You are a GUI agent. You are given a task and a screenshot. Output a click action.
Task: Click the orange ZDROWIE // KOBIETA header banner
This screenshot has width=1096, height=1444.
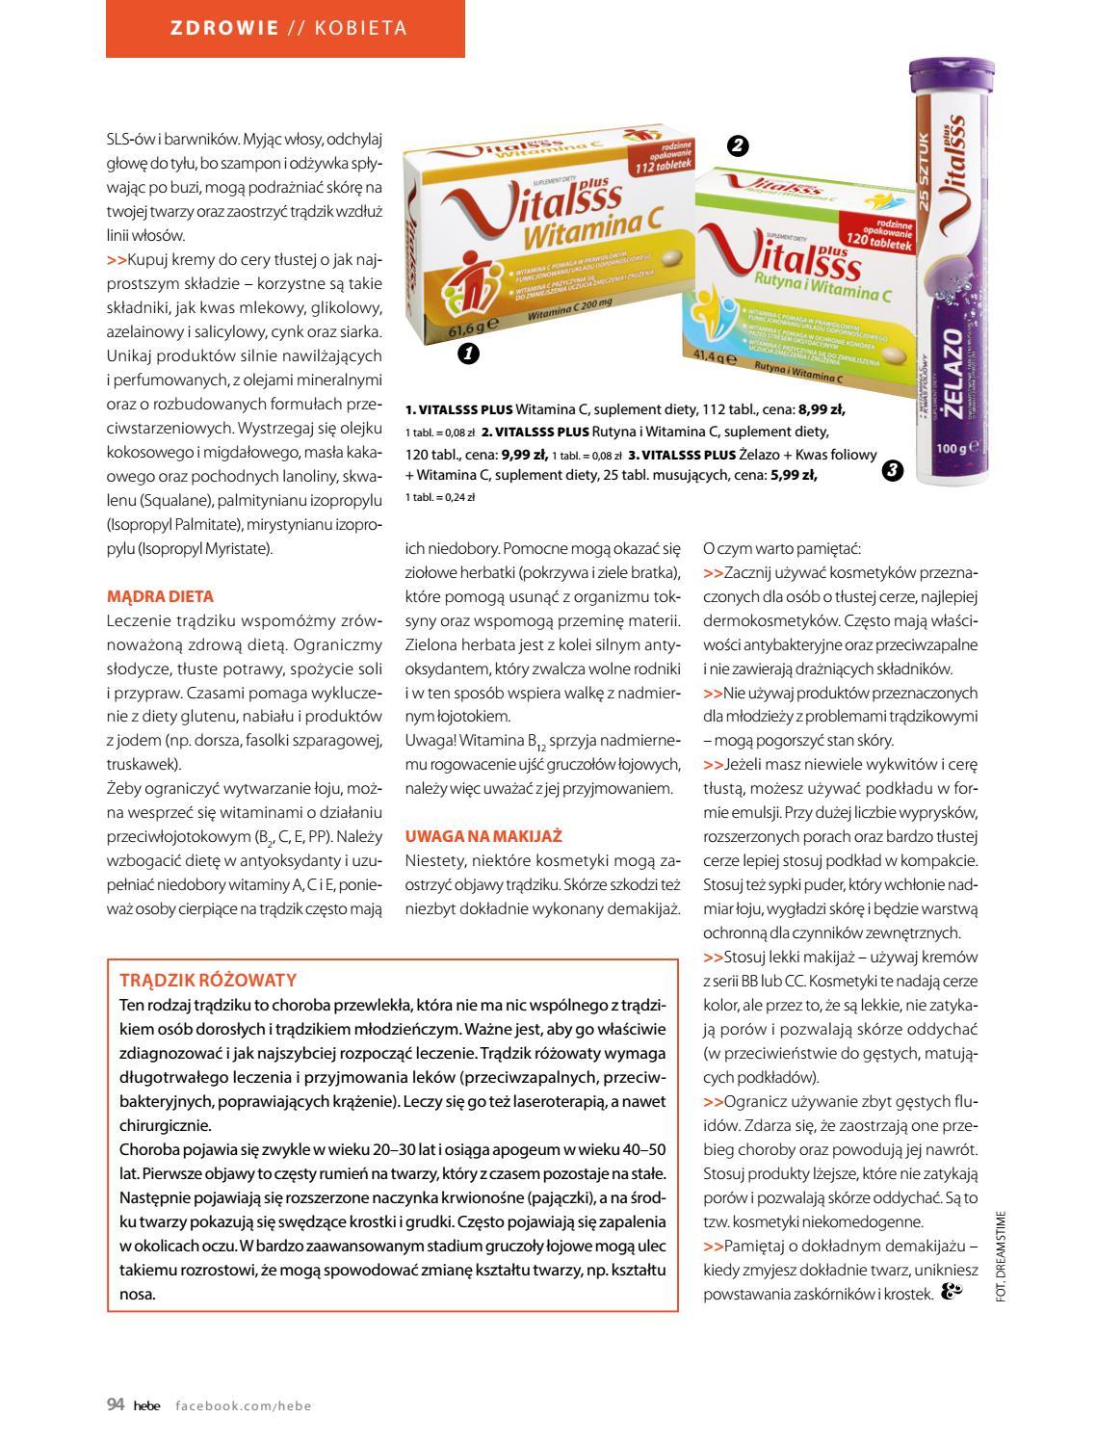[x=285, y=28]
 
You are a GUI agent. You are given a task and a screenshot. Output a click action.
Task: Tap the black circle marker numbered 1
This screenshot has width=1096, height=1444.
[x=468, y=354]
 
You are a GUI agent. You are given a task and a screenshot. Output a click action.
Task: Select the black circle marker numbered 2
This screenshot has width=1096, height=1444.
[x=738, y=145]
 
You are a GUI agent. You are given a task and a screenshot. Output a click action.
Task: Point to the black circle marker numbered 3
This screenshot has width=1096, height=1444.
[x=892, y=471]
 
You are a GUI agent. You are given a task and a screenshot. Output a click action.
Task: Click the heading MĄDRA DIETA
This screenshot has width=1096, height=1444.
[x=160, y=596]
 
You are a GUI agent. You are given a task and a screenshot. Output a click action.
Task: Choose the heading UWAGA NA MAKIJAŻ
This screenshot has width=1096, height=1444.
[x=483, y=836]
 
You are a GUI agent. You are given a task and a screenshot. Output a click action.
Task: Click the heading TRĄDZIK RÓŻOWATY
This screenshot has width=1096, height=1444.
[x=208, y=980]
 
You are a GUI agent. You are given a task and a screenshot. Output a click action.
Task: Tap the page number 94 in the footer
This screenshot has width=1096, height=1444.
[x=116, y=1405]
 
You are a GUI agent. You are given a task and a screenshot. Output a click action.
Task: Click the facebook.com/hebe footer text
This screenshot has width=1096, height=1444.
[x=244, y=1405]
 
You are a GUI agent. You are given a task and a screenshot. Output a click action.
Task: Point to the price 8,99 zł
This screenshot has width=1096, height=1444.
[x=822, y=408]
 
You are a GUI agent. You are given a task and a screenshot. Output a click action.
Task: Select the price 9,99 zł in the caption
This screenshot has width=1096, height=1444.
[x=524, y=455]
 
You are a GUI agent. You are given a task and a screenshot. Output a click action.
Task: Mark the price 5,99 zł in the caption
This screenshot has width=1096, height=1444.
[x=794, y=474]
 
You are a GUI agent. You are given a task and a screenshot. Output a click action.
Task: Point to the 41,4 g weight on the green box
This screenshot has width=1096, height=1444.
[x=714, y=360]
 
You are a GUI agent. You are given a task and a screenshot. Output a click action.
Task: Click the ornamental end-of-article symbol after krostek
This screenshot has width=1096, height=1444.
[x=951, y=1293]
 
